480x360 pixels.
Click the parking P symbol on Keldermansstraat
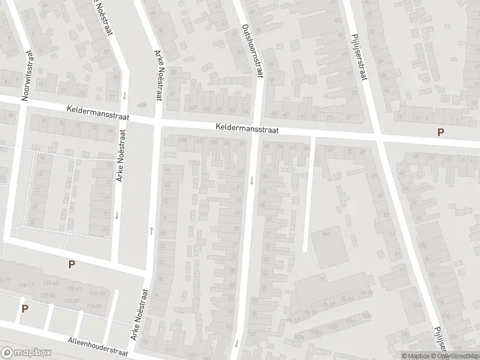tap(441, 133)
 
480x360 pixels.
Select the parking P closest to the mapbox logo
tap(25, 308)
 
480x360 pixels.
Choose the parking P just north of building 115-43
tap(72, 264)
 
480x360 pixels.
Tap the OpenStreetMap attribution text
tap(457, 355)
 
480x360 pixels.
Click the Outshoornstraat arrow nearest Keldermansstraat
tap(252, 179)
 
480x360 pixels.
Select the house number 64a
tap(182, 140)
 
